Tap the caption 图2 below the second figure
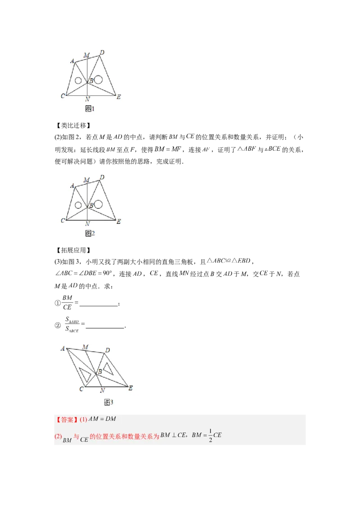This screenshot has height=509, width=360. [90, 233]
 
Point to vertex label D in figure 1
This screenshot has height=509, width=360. [102, 53]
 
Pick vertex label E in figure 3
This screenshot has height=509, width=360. [130, 388]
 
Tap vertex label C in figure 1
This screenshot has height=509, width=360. [63, 96]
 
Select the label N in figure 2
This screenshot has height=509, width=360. [87, 223]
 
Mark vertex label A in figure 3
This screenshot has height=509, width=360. [63, 348]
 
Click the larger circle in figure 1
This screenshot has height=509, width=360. [98, 80]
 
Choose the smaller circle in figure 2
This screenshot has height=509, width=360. [78, 205]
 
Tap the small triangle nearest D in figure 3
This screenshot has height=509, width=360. [108, 367]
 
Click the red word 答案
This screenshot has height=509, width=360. [67, 420]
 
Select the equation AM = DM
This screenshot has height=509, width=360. [102, 419]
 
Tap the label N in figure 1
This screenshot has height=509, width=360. [87, 98]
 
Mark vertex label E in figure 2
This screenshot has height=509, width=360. [118, 221]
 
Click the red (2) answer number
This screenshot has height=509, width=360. [58, 436]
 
